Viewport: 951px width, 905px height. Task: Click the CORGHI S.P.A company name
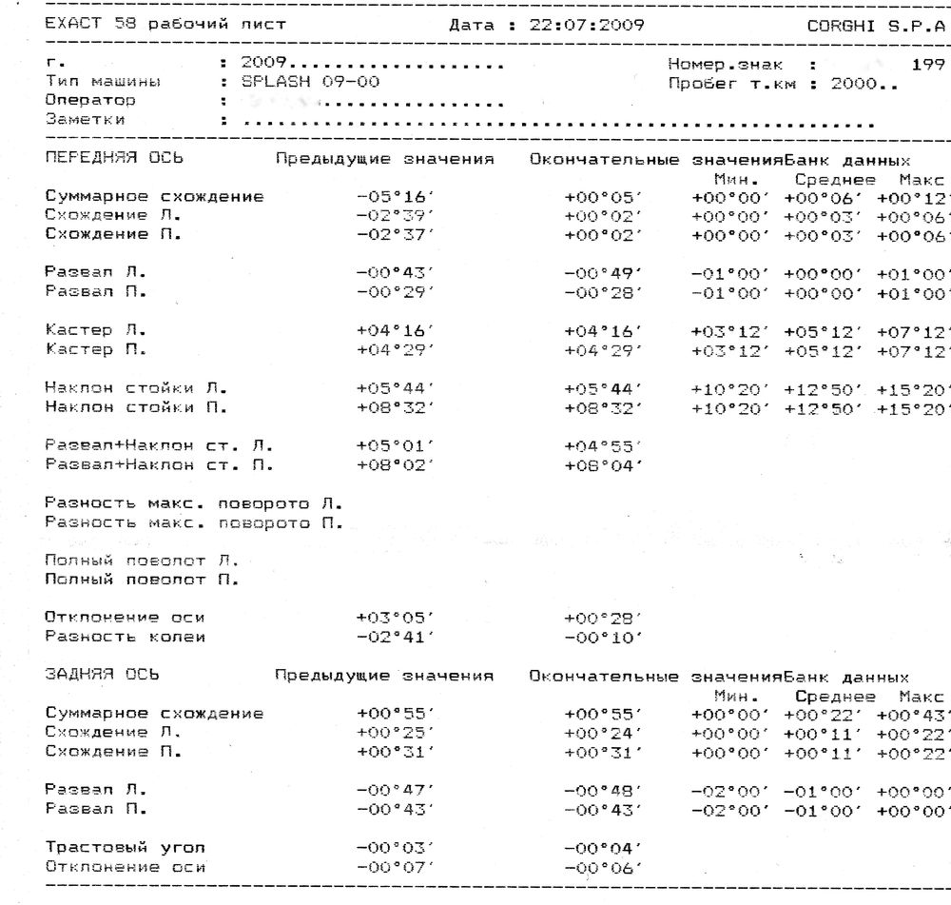click(875, 25)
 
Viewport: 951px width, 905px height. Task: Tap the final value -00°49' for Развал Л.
click(602, 272)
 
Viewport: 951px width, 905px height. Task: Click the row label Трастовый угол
click(125, 847)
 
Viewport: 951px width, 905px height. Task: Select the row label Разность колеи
click(125, 636)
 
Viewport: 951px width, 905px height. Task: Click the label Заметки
click(85, 119)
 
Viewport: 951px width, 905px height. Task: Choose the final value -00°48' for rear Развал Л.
click(602, 790)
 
